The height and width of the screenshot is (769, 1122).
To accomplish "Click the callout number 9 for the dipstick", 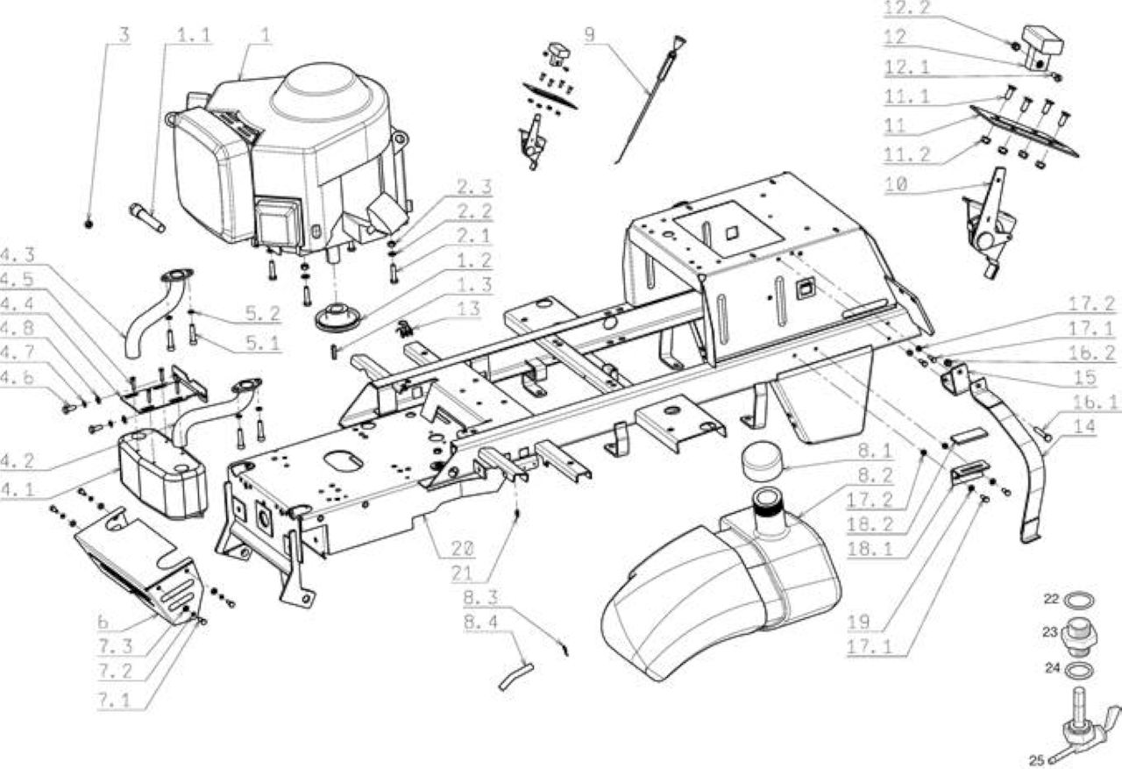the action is pyautogui.click(x=590, y=34).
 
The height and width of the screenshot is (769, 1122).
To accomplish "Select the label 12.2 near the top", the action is pyautogui.click(x=905, y=9).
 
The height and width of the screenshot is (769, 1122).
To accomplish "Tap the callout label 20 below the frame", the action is pyautogui.click(x=463, y=549).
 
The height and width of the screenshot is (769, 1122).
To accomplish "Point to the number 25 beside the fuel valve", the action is pyautogui.click(x=1037, y=760).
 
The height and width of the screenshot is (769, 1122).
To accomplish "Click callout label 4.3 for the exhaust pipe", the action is pyautogui.click(x=18, y=255).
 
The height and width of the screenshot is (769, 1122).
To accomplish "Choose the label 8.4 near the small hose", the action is pyautogui.click(x=481, y=623).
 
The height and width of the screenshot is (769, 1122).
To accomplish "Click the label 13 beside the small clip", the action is pyautogui.click(x=468, y=309).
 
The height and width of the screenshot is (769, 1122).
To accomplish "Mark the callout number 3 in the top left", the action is pyautogui.click(x=124, y=35).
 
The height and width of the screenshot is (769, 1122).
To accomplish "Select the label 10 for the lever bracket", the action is pyautogui.click(x=897, y=184).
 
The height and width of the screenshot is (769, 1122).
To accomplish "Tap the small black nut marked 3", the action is pyautogui.click(x=89, y=224).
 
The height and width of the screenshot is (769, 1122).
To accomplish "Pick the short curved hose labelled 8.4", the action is pyautogui.click(x=515, y=677).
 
